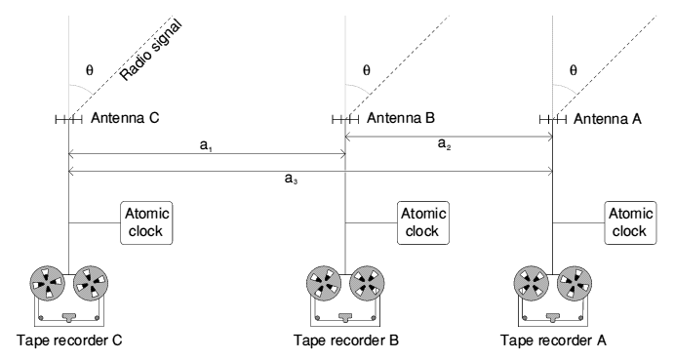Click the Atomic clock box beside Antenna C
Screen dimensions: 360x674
click(145, 222)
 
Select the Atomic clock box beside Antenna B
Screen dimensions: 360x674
click(422, 222)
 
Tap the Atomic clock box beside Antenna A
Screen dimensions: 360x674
click(629, 222)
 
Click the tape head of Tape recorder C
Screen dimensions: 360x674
click(69, 315)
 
